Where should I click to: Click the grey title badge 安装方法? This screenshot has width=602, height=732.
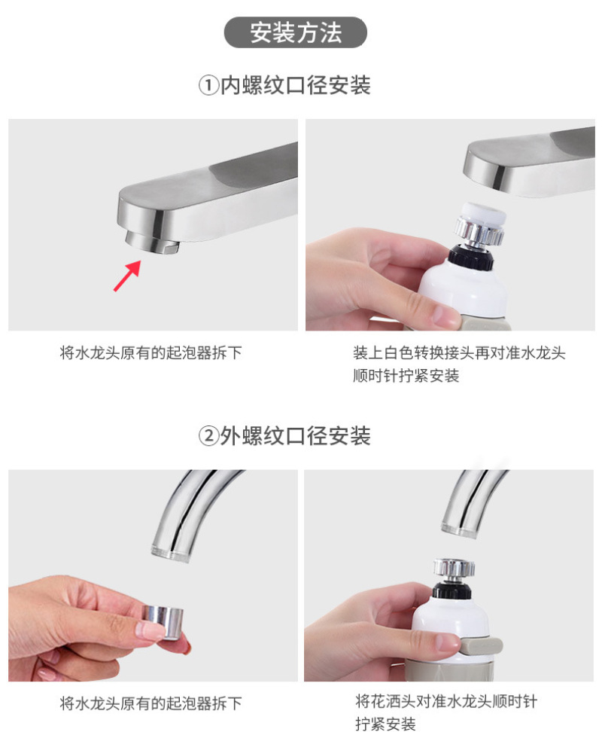[x=295, y=32]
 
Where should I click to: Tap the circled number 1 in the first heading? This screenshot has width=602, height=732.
[x=208, y=86]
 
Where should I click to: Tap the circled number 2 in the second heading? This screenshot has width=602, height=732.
[x=208, y=437]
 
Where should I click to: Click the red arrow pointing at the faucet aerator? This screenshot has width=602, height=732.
[x=127, y=276]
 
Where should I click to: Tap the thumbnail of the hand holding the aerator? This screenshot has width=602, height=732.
[x=153, y=575]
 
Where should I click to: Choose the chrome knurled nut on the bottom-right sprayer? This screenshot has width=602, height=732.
[x=454, y=568]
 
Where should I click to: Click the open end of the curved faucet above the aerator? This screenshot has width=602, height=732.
[x=171, y=554]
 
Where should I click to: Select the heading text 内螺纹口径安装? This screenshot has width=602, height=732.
[x=295, y=86]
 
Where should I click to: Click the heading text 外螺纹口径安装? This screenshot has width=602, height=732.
[x=295, y=437]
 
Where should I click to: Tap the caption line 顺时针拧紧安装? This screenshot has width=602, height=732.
[x=406, y=376]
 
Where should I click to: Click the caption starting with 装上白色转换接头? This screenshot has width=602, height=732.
[x=459, y=353]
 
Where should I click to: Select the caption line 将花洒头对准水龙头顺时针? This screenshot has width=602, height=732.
[x=446, y=701]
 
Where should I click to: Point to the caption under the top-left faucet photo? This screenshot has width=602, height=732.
[x=151, y=353]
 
